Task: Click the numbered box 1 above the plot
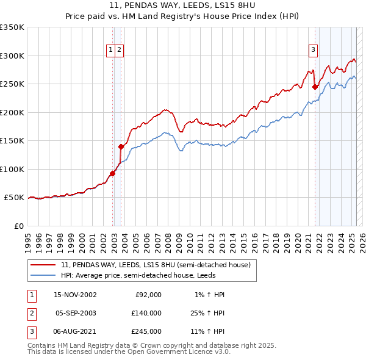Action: [111, 50]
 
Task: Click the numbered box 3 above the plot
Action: [313, 50]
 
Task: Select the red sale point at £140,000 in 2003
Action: [121, 146]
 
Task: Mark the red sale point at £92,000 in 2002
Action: [113, 174]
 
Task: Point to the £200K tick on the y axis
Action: [12, 112]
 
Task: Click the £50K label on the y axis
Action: [14, 198]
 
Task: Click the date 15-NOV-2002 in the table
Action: [75, 295]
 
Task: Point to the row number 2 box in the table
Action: [30, 313]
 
